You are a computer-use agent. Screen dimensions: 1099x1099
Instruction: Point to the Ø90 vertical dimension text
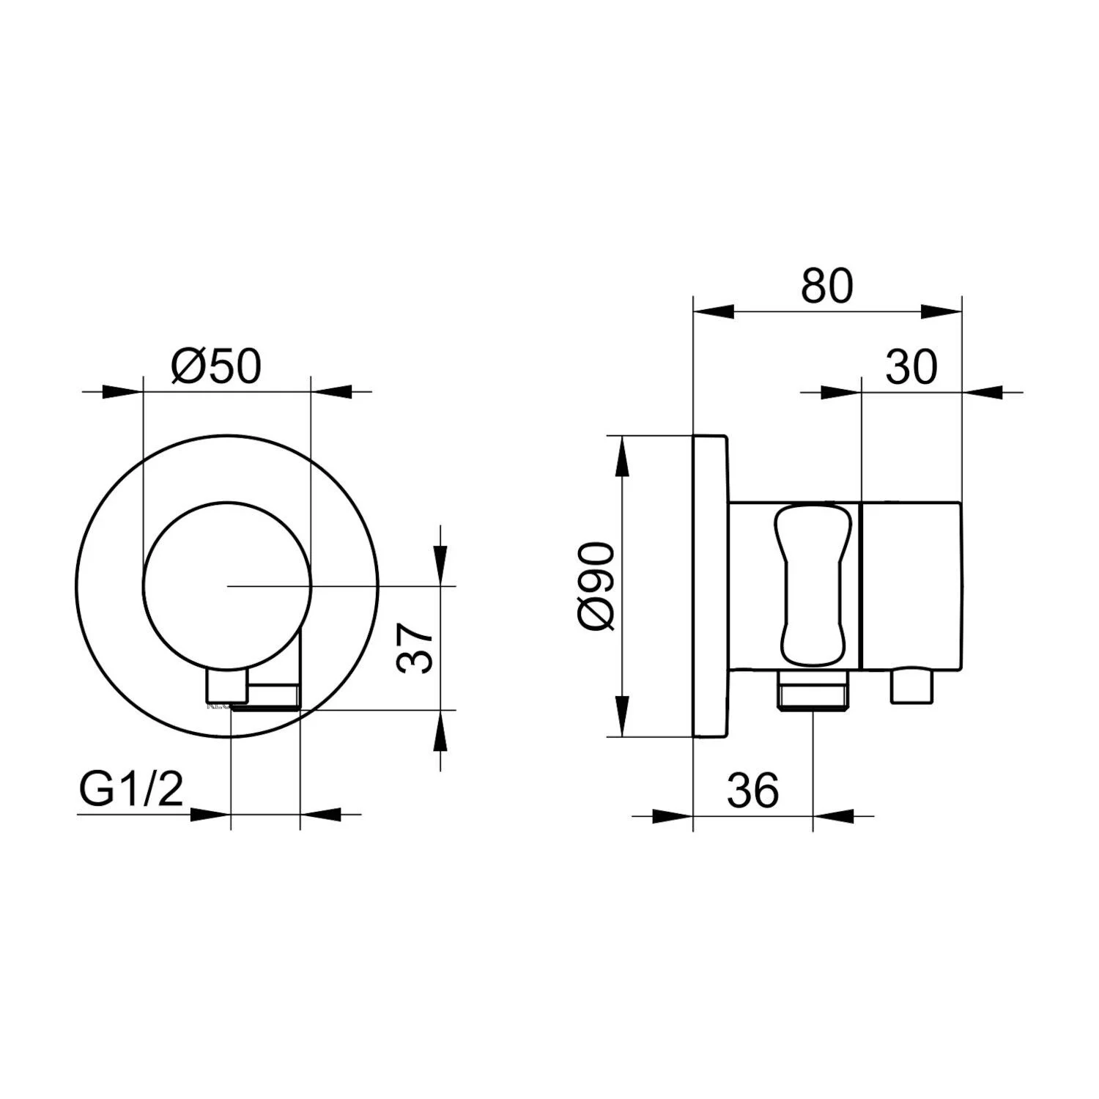[x=594, y=585]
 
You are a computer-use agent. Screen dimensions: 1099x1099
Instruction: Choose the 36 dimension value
[x=753, y=790]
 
